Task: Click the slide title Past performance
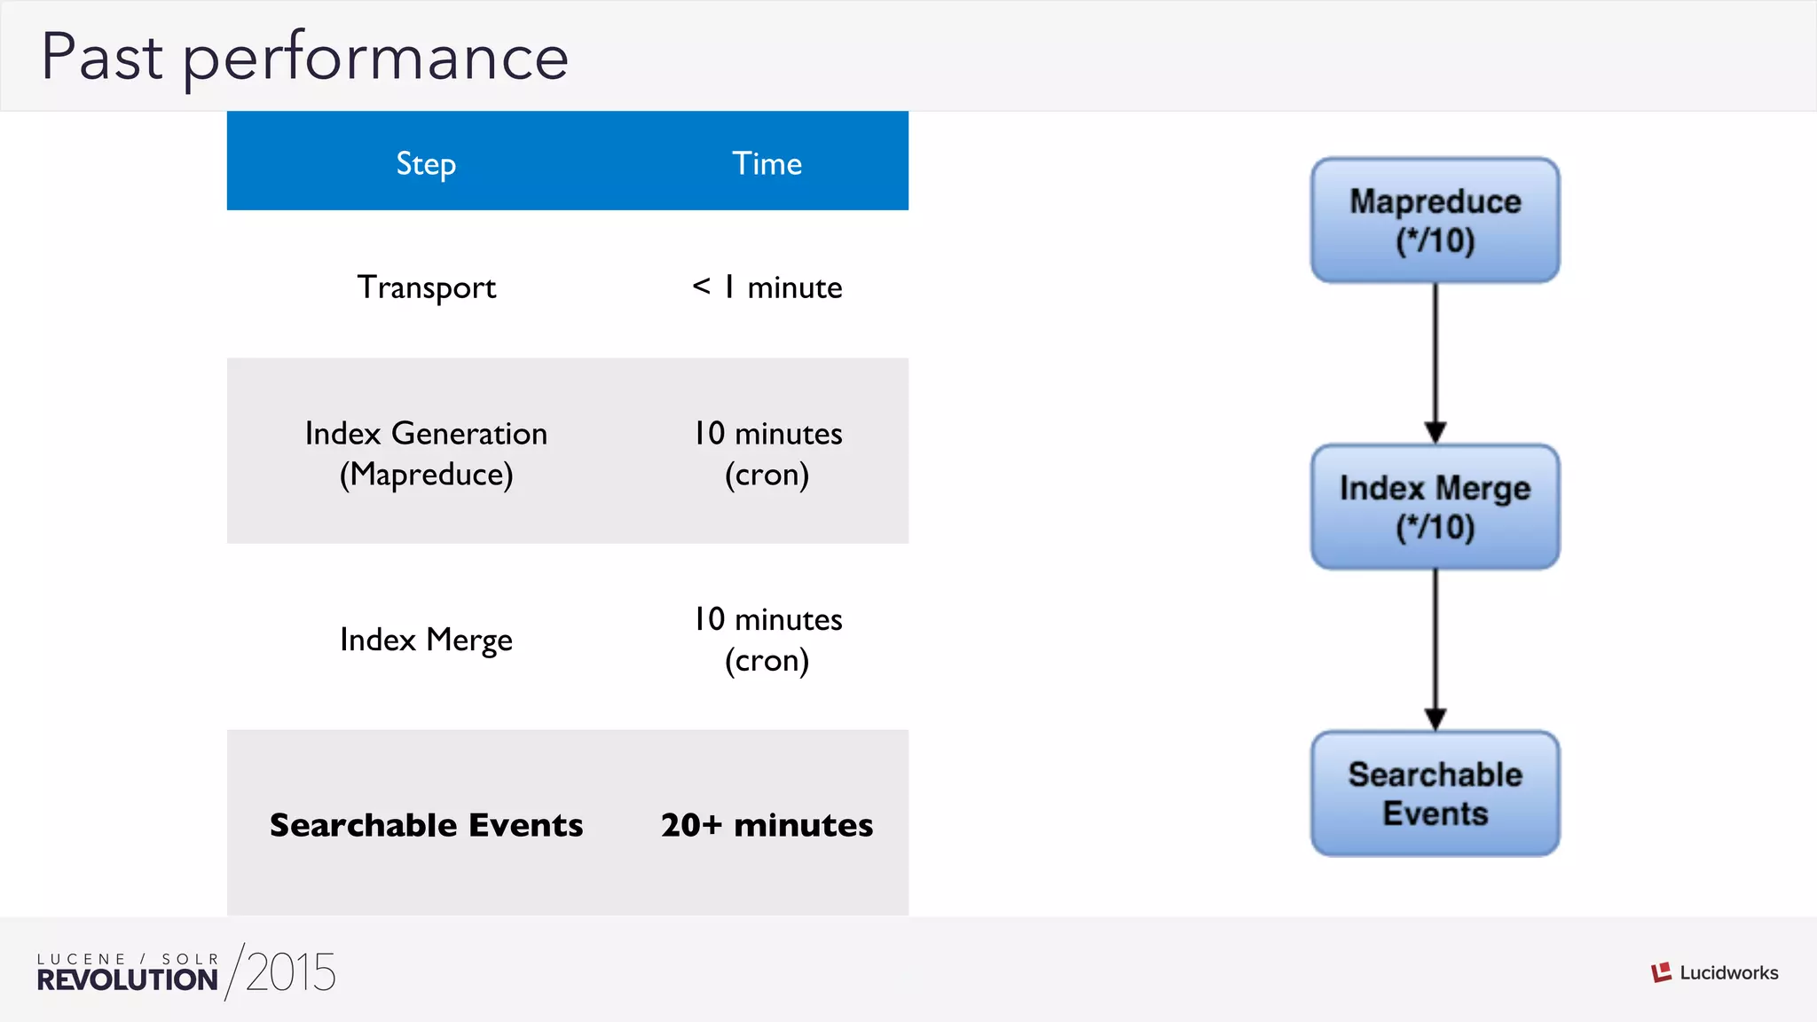coord(304,57)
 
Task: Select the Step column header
coord(426,163)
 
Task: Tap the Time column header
coord(767,163)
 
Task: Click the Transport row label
coord(426,287)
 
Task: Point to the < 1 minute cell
coord(767,287)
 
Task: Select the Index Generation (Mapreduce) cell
coord(426,453)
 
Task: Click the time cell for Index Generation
coord(767,453)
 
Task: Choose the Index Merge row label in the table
coord(426,640)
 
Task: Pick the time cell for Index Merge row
coord(767,640)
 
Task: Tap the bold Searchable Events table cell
coord(426,825)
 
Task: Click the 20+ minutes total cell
coord(767,825)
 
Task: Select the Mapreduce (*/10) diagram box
coord(1435,221)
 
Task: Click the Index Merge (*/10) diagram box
coord(1435,507)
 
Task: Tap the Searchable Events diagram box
coord(1435,794)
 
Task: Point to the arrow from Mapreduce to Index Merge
coord(1436,364)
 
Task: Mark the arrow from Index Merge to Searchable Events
coord(1436,650)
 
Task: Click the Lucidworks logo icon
coord(1661,972)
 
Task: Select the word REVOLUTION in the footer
coord(127,980)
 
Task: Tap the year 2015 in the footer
coord(291,972)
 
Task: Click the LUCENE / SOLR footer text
coord(127,959)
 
